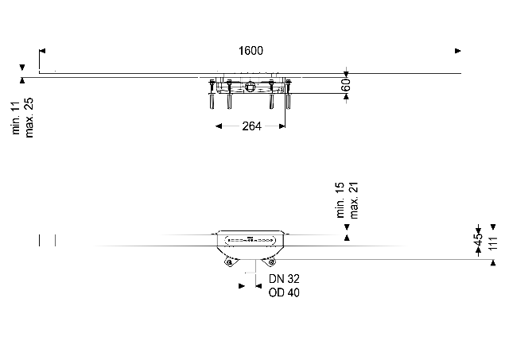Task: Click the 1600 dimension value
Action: click(x=251, y=51)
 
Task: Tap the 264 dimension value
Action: click(x=251, y=126)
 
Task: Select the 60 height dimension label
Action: click(x=346, y=85)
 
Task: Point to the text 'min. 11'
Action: click(x=16, y=118)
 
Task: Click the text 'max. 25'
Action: click(x=29, y=118)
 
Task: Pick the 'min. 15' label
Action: click(x=340, y=199)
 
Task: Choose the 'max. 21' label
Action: click(x=353, y=200)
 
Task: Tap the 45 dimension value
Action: click(x=478, y=240)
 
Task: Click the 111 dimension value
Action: click(x=493, y=243)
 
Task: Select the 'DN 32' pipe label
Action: click(x=284, y=279)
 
